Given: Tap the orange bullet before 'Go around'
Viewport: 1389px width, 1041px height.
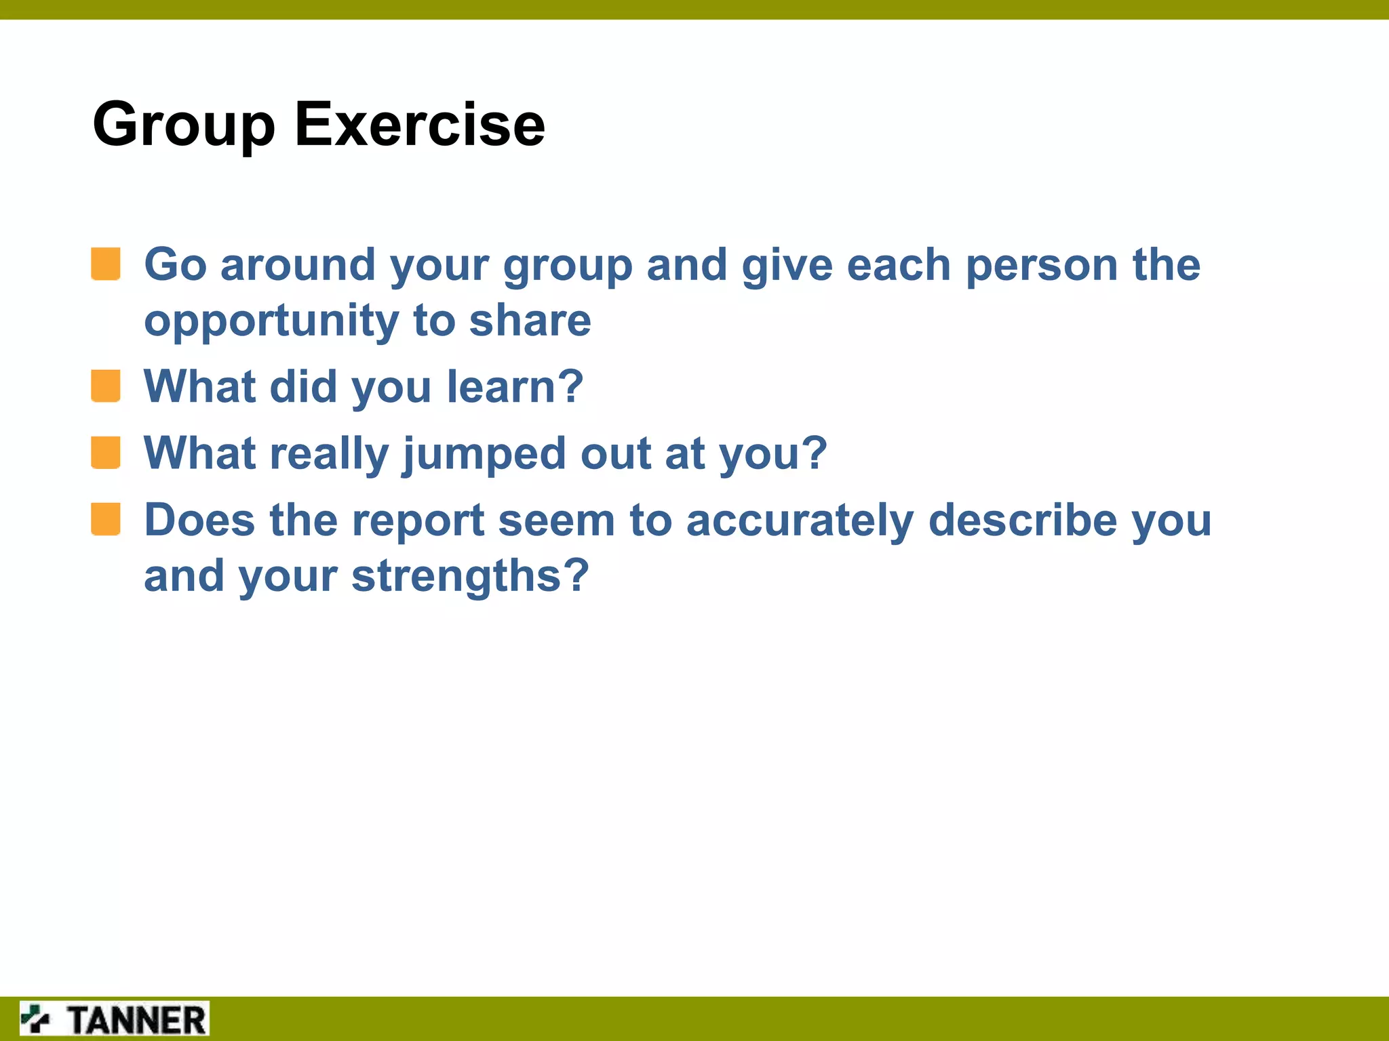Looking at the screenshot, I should pos(106,264).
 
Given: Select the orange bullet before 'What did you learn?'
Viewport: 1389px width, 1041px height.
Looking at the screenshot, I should pos(106,386).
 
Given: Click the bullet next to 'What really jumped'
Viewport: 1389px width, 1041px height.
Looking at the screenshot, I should pos(106,452).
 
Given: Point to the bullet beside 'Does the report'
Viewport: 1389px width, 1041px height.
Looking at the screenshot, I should pos(106,519).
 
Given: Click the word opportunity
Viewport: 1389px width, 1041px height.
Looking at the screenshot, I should pos(271,322).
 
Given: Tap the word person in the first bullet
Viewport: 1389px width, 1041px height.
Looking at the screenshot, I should pos(1041,266).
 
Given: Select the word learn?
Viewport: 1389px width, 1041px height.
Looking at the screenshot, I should pos(515,386).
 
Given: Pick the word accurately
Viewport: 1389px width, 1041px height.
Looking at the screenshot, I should pos(800,522).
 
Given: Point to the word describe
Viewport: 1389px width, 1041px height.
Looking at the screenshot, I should pos(1022,520).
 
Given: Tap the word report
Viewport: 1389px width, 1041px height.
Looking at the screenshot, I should pos(418,522).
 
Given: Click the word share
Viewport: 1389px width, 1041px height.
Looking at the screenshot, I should pos(530,321).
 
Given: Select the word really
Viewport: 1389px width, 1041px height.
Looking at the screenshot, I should pos(329,454).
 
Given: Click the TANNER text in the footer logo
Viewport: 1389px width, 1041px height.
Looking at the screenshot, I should pos(136,1020).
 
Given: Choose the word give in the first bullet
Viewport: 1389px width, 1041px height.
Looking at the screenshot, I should pos(787,266).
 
